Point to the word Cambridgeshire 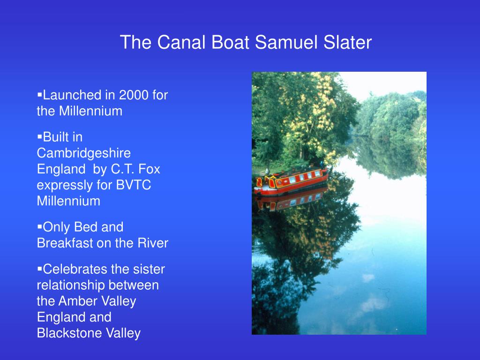[84, 153]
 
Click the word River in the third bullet [153, 243]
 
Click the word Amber [77, 301]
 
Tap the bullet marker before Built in [39, 137]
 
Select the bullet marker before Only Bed [39, 227]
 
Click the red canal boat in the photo [293, 181]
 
